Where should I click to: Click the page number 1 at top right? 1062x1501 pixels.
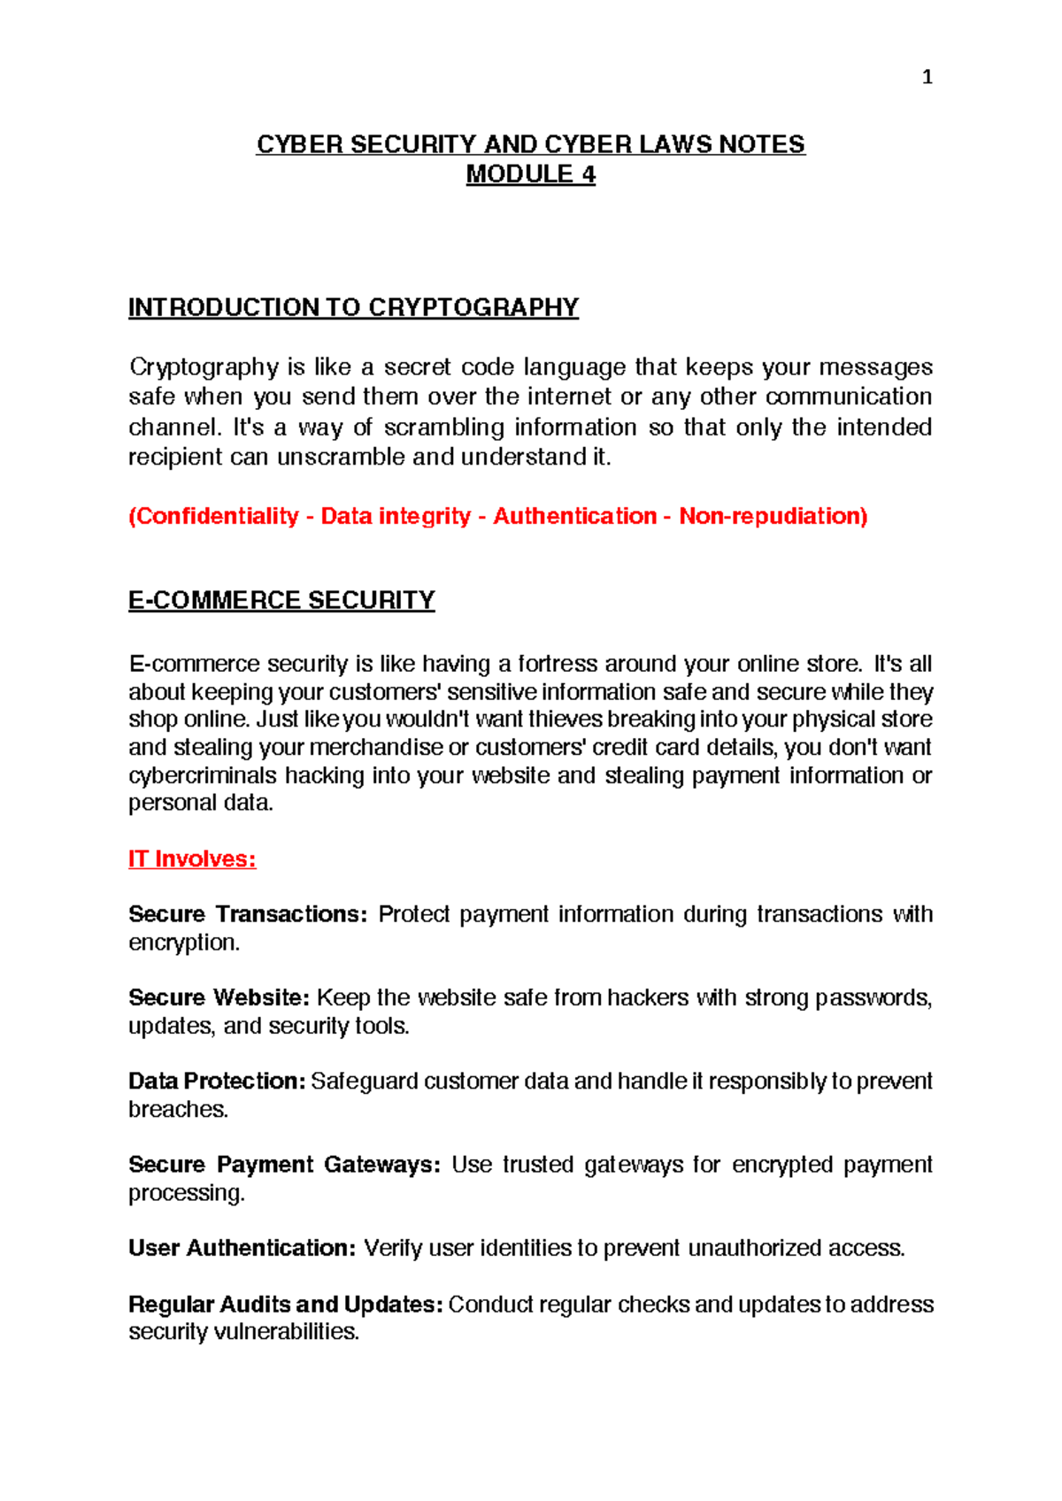[x=927, y=78]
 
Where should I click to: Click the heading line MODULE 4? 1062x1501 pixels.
[x=530, y=174]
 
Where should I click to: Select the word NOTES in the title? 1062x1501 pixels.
[x=761, y=144]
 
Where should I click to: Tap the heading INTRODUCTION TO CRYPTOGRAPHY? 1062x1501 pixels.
[x=353, y=307]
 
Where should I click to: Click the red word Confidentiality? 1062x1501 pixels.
[x=216, y=516]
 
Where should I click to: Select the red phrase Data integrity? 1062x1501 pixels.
[x=395, y=516]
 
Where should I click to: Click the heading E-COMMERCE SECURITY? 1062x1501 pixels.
[x=281, y=600]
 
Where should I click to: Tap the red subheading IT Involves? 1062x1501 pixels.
[x=192, y=859]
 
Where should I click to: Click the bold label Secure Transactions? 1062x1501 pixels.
[x=247, y=914]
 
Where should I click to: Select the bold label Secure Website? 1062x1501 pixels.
[x=219, y=997]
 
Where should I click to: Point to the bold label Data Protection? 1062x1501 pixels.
[x=217, y=1081]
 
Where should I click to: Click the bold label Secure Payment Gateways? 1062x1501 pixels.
[x=284, y=1164]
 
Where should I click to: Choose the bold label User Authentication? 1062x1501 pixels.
[x=242, y=1248]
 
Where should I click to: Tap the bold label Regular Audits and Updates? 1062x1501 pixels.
[x=285, y=1305]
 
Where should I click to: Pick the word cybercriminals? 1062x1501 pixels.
[x=203, y=775]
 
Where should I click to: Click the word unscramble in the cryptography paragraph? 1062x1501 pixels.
[x=342, y=457]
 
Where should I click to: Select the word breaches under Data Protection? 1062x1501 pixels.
[x=178, y=1109]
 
